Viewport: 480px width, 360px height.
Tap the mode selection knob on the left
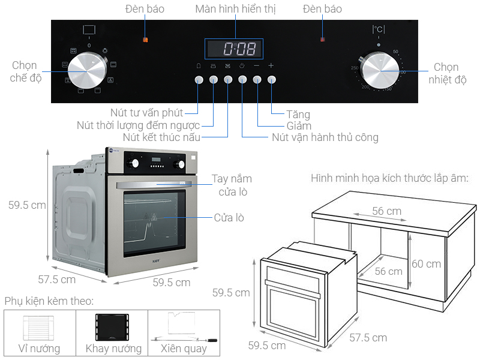[x=88, y=71]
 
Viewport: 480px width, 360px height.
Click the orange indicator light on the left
[x=145, y=40]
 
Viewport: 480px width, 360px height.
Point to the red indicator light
[x=323, y=40]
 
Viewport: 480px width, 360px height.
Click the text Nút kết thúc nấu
[x=161, y=137]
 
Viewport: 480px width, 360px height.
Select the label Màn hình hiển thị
[x=235, y=9]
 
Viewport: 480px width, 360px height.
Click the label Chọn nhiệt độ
[x=446, y=73]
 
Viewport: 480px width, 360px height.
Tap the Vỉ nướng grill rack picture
[x=40, y=328]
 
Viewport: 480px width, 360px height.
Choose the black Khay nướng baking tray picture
[x=113, y=328]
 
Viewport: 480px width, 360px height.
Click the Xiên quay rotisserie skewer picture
[x=184, y=328]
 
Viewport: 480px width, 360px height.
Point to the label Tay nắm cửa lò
[x=232, y=185]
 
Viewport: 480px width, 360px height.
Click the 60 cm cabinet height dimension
[x=427, y=263]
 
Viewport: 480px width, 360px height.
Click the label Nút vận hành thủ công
[x=325, y=137]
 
